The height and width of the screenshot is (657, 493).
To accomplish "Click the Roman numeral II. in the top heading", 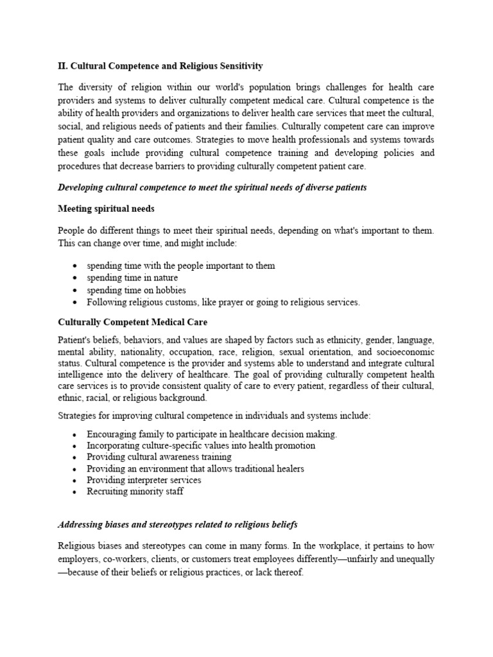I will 62,66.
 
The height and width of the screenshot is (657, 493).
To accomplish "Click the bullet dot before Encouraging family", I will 75,434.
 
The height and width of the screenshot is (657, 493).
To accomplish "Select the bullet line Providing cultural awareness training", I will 159,457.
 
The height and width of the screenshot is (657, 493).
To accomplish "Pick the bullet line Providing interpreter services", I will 144,481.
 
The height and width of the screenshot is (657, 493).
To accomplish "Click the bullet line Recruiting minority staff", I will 135,492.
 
